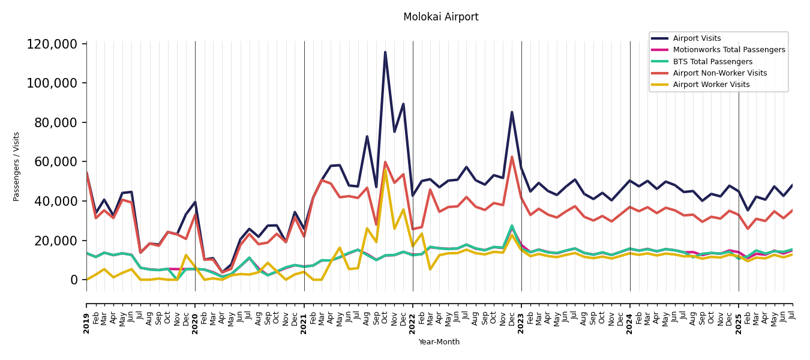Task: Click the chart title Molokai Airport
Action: click(440, 17)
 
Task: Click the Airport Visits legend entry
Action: click(697, 38)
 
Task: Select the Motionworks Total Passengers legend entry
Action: click(728, 50)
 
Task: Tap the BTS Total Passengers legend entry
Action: click(712, 62)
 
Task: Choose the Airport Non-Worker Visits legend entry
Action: click(719, 73)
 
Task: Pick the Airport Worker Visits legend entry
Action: click(711, 85)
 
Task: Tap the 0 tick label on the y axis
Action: click(74, 280)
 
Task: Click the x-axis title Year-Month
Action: click(439, 342)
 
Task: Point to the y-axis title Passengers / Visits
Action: click(16, 166)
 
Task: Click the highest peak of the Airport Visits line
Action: click(385, 52)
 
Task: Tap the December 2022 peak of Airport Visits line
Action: click(512, 112)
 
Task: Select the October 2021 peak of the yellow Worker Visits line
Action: click(385, 170)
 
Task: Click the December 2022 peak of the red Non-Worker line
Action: click(512, 157)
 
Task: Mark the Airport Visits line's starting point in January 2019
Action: click(87, 173)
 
